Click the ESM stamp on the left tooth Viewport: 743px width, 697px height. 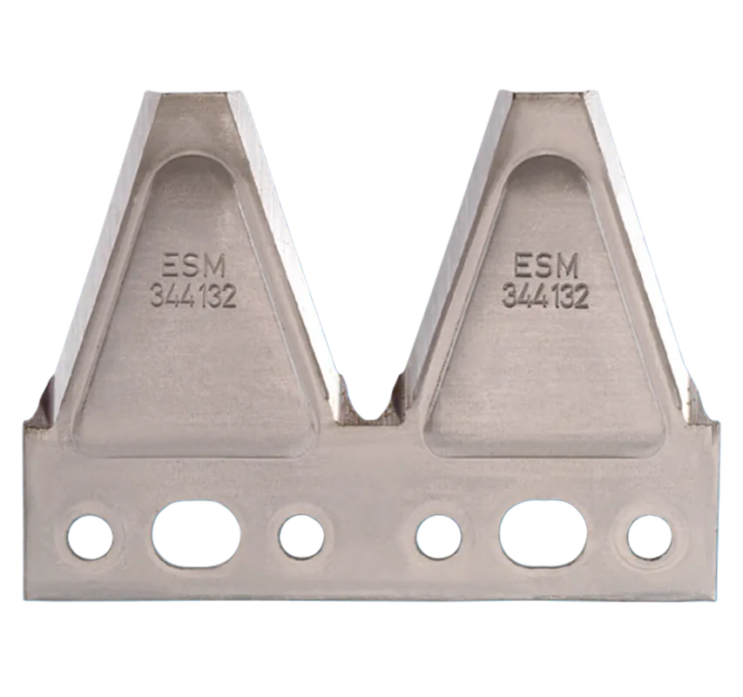click(193, 267)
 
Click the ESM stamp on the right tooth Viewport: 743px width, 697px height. click(546, 266)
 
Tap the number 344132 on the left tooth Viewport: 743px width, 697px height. click(193, 296)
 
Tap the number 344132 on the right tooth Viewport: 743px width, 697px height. click(545, 295)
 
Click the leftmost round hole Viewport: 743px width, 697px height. click(90, 538)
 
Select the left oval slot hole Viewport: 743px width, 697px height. click(196, 536)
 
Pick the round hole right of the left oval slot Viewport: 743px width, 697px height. click(301, 537)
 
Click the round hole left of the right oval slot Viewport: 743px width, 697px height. click(439, 537)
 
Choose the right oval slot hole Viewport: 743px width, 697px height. click(544, 536)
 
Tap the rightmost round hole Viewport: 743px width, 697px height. click(650, 537)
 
